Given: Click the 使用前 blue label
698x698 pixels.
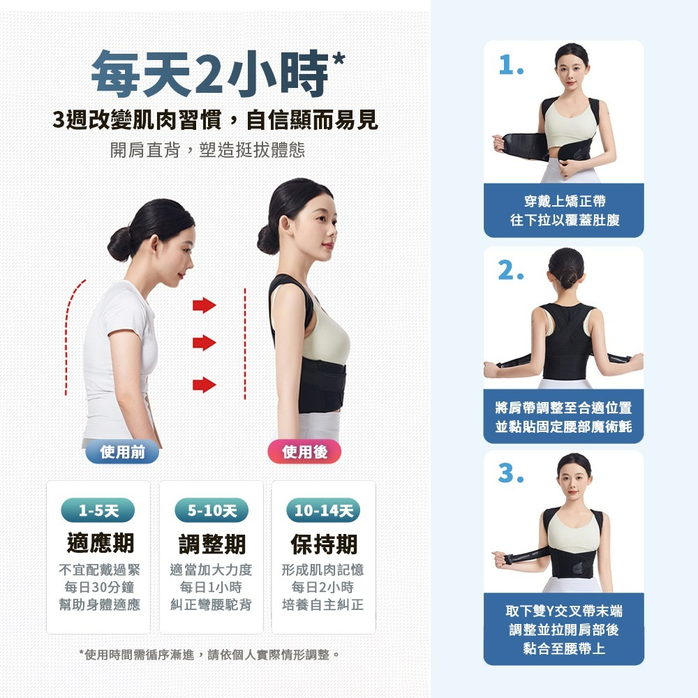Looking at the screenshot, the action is click(122, 452).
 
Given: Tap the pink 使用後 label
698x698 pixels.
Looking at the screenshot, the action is click(304, 452).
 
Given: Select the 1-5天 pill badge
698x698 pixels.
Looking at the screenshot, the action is click(98, 510).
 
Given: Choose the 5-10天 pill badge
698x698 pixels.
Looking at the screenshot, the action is click(211, 510).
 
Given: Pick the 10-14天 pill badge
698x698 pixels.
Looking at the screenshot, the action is click(324, 510).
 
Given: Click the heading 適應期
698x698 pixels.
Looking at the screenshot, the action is click(100, 543).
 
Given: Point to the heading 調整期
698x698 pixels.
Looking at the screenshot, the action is click(212, 544).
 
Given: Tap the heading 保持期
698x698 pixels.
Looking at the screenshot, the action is click(324, 544).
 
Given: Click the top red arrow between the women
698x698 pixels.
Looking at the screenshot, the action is click(205, 306).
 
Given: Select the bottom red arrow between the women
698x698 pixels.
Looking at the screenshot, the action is click(205, 385).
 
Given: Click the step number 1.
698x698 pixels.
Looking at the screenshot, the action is click(511, 66).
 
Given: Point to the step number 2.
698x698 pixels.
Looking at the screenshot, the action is click(511, 270).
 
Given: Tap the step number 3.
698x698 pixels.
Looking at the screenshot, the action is click(511, 473).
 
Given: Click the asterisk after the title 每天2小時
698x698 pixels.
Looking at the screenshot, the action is click(339, 59).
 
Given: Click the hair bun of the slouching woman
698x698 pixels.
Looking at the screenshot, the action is click(119, 244).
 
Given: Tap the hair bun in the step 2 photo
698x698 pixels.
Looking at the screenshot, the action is click(568, 279).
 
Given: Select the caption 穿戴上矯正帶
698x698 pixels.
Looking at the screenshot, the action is click(565, 201).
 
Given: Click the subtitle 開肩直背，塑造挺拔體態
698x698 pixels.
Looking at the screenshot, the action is click(207, 150).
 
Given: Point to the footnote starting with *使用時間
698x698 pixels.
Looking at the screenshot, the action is click(209, 655).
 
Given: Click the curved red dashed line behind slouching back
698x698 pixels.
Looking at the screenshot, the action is click(68, 334).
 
